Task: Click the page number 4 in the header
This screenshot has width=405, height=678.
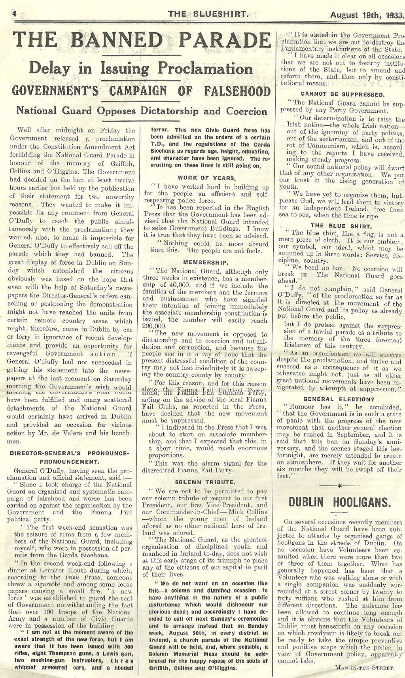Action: [x=4, y=14]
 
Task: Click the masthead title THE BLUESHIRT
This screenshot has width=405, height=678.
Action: [x=208, y=15]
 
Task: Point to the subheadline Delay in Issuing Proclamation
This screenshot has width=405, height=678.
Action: [x=141, y=69]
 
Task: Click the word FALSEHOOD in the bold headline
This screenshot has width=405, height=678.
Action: [x=237, y=91]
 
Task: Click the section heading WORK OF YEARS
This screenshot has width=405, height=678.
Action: [x=207, y=178]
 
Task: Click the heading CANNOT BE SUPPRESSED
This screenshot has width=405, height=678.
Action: [x=343, y=95]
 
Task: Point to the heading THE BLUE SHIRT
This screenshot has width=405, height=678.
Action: [x=341, y=226]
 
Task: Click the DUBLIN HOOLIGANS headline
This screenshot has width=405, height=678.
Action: [x=339, y=502]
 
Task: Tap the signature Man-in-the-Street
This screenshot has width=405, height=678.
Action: [x=364, y=668]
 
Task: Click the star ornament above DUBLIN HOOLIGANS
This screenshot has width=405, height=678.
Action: [x=339, y=485]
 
